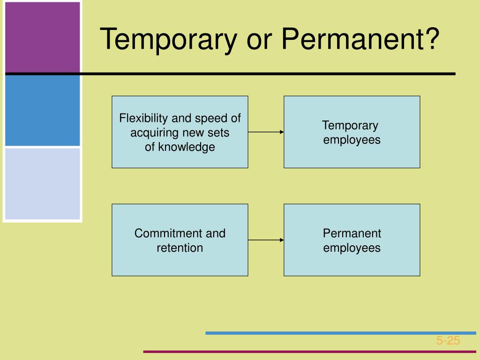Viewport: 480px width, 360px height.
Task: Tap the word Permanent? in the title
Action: [361, 39]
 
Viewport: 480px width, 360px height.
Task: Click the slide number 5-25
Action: [448, 341]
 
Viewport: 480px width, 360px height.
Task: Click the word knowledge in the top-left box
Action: [187, 147]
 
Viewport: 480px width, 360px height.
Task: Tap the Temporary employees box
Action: [352, 132]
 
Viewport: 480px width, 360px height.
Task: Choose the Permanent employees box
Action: [352, 240]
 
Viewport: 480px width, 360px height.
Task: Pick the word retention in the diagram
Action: [180, 248]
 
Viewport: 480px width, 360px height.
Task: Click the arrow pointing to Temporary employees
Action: [266, 132]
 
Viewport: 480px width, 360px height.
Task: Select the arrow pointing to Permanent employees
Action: [266, 240]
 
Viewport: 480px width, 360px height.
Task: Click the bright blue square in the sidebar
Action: [42, 110]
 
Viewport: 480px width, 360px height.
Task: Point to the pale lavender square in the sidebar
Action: [42, 184]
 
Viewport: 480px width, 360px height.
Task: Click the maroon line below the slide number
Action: [309, 352]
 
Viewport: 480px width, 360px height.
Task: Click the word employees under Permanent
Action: [352, 248]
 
